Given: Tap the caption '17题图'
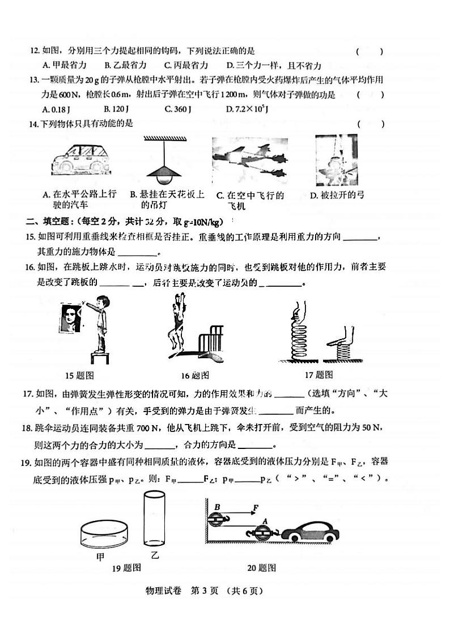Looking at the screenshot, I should pos(319,375).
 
